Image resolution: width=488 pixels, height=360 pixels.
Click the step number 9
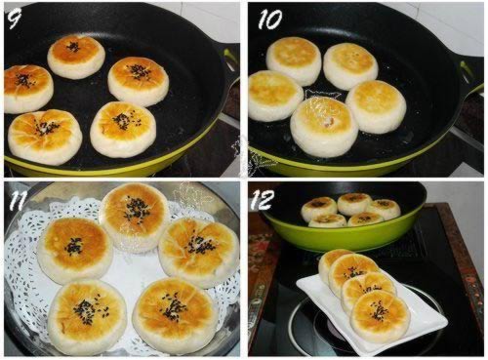pyautogui.click(x=15, y=18)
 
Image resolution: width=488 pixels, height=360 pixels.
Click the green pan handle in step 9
pyautogui.click(x=230, y=60)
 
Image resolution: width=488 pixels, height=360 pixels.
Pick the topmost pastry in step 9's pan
pyautogui.click(x=75, y=55)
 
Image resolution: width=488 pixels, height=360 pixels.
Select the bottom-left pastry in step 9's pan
pyautogui.click(x=44, y=135)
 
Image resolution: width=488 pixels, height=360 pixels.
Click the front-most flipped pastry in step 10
pyautogui.click(x=323, y=126)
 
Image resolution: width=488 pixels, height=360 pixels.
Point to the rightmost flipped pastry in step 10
pyautogui.click(x=376, y=105)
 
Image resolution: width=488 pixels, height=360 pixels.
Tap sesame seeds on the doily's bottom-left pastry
pyautogui.click(x=85, y=310)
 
